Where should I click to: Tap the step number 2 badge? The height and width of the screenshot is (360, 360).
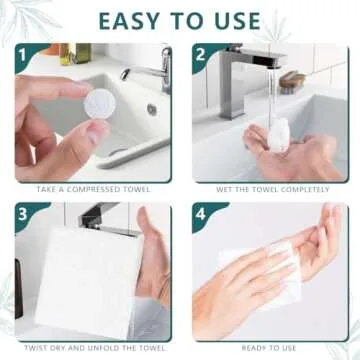click(x=201, y=56)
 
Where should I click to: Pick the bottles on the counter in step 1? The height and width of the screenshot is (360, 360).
click(x=76, y=52)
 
